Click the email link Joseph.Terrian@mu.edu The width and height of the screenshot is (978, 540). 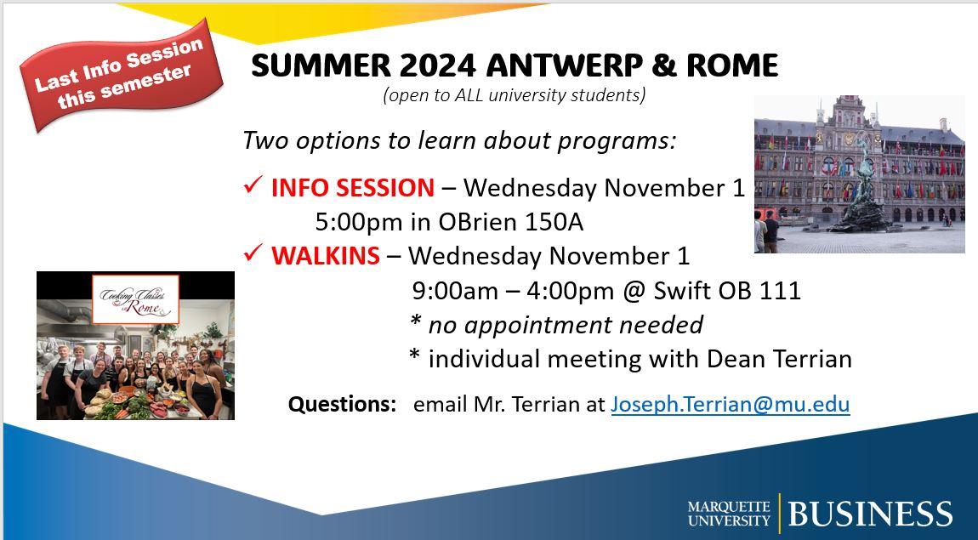731,405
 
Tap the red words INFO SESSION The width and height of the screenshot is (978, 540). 352,188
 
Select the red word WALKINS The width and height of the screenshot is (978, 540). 325,256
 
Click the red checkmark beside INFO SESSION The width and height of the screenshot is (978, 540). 253,185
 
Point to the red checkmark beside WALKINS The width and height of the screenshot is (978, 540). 253,253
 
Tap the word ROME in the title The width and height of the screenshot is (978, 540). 732,65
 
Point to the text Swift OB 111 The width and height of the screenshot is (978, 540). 726,291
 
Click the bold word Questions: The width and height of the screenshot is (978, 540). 343,404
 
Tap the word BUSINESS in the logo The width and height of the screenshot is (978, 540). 870,513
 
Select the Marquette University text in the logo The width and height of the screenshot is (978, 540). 729,513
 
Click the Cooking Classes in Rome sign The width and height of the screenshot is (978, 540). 135,299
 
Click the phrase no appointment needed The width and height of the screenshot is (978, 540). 566,325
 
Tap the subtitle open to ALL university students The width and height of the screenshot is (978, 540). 515,95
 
